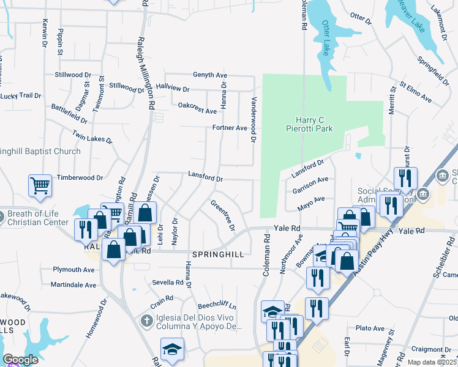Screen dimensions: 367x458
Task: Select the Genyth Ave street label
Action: [x=210, y=75]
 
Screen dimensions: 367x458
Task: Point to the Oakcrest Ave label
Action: [x=197, y=108]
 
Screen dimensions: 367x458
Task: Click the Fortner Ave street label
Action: [x=229, y=128]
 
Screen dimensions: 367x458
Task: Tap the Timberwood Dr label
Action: [x=80, y=177]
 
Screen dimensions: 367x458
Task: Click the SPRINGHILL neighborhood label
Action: [x=218, y=254]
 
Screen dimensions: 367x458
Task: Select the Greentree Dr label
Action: [x=223, y=215]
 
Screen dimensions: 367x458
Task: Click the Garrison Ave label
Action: [x=310, y=184]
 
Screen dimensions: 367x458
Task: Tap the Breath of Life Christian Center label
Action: [x=38, y=218]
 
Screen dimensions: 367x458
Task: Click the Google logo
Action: [x=20, y=360]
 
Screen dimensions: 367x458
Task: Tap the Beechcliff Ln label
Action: [x=216, y=306]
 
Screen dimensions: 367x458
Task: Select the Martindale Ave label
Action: [x=73, y=285]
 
